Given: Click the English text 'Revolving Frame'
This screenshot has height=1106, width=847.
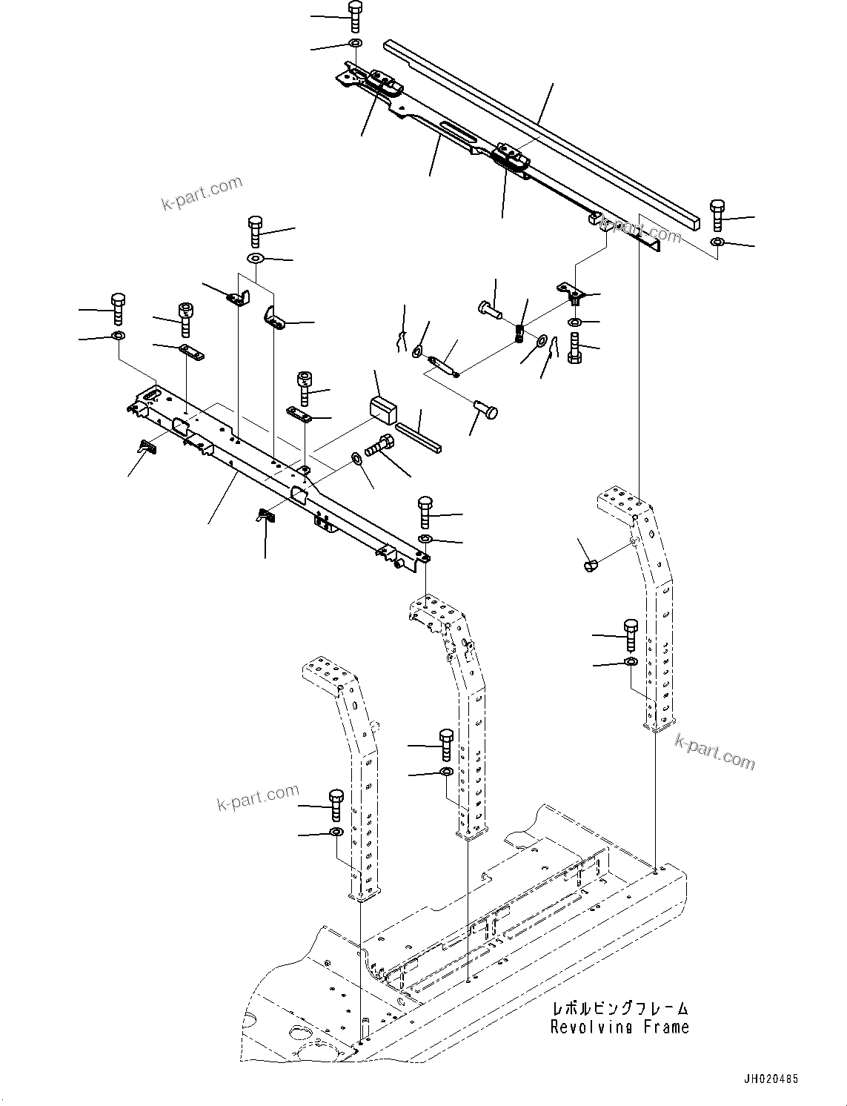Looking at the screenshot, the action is pos(619,1027).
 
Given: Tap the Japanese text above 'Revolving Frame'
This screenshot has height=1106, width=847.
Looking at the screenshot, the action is pos(619,1009).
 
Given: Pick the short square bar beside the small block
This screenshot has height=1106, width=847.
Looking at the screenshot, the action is pos(419,437).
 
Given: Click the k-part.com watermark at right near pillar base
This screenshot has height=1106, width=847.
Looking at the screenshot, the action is pos(714,751).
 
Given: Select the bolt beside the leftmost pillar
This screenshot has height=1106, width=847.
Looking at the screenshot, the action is pos(335,804).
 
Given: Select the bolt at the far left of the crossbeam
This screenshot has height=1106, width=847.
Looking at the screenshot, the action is pos(117,308).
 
